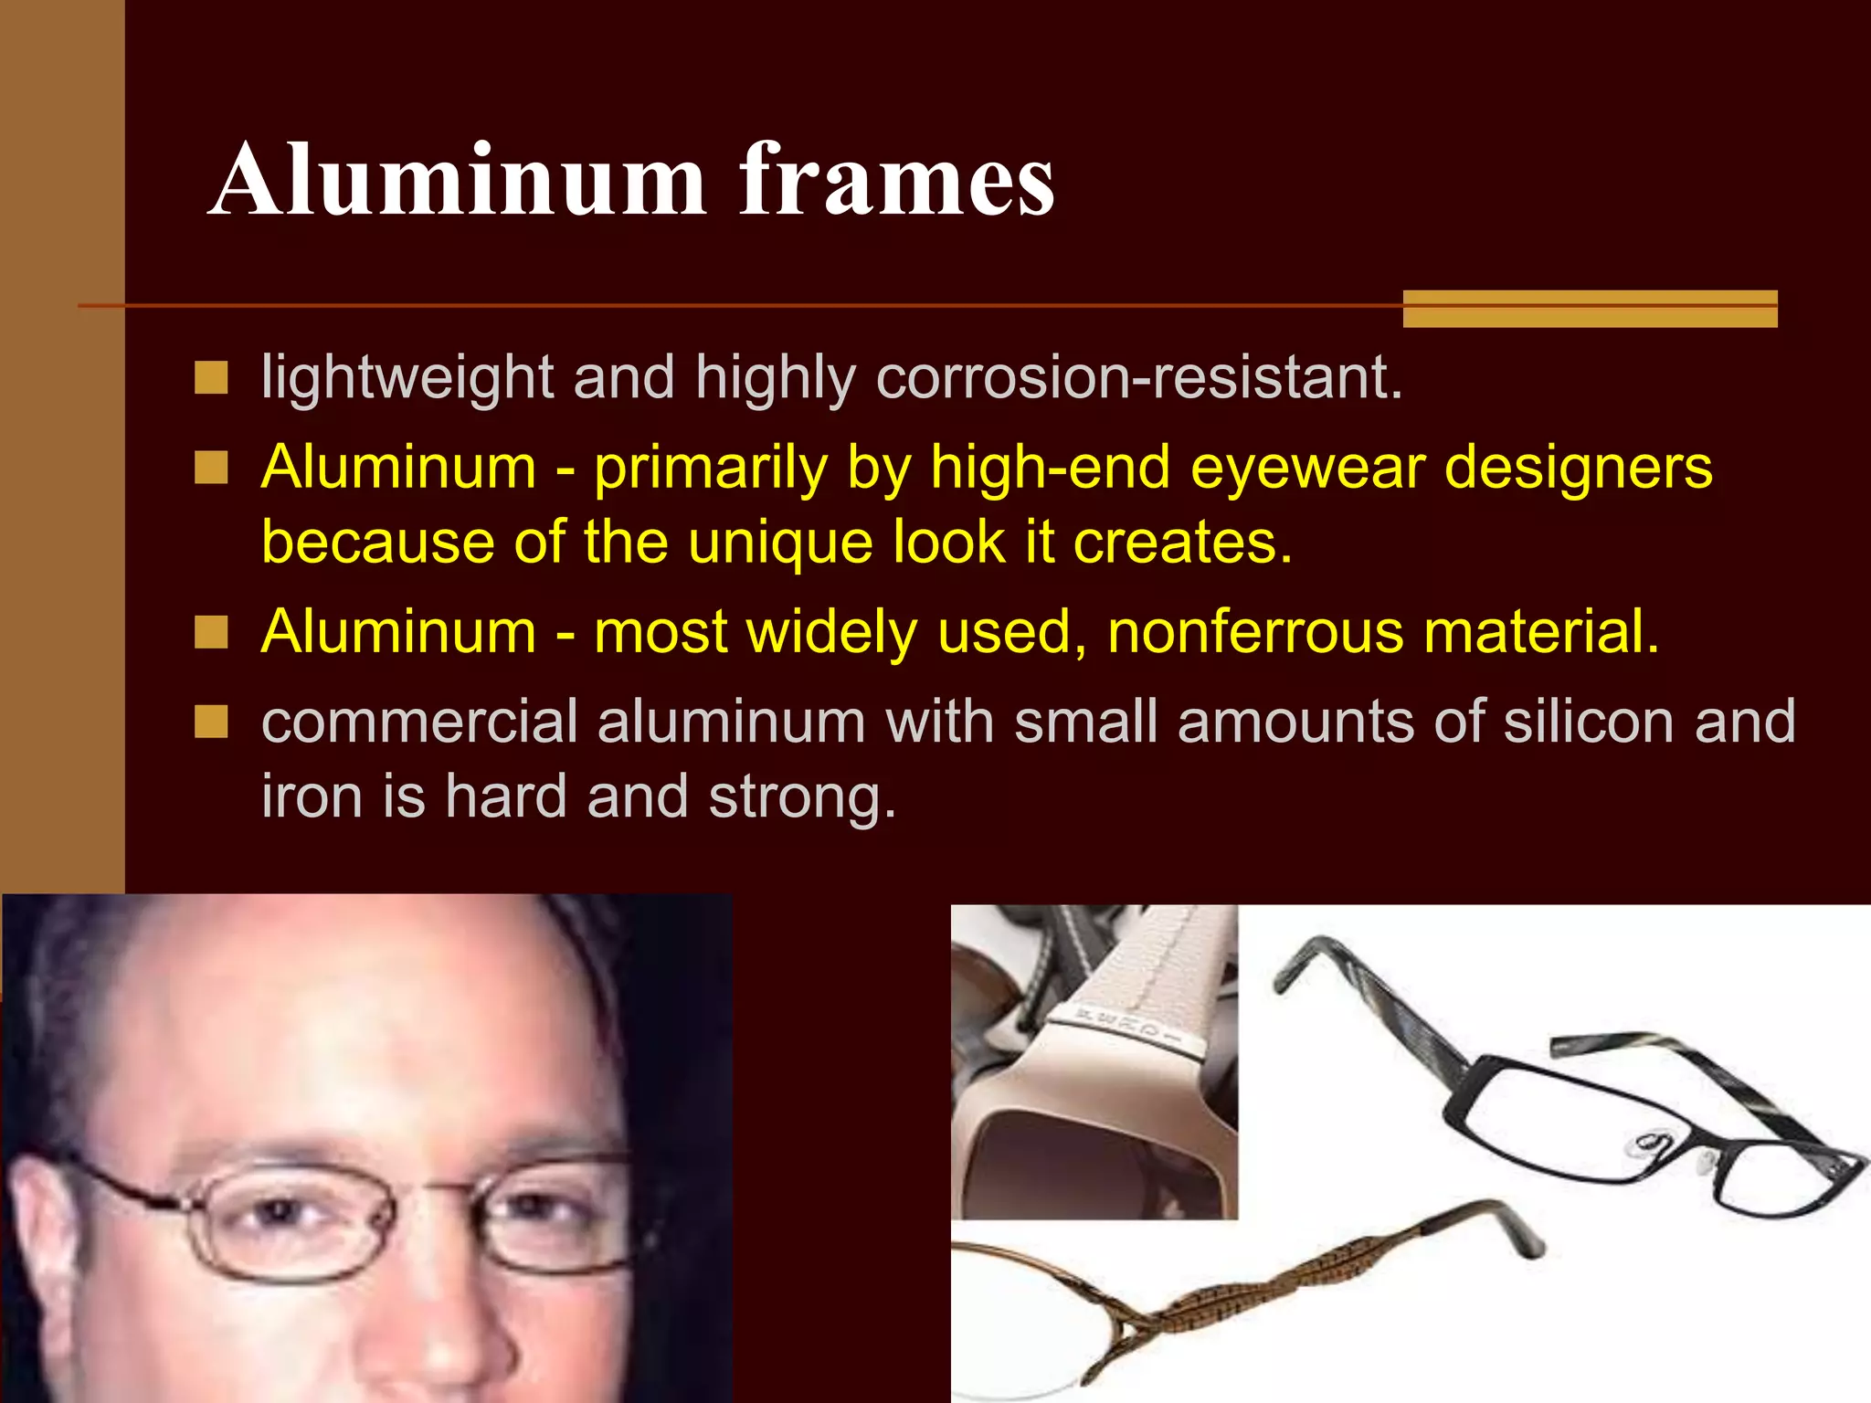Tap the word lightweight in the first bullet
(x=407, y=377)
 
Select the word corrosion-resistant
(x=1138, y=377)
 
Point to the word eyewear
(x=1307, y=468)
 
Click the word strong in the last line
(x=801, y=796)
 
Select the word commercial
(x=419, y=722)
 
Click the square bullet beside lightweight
(x=211, y=377)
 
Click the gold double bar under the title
(x=1590, y=309)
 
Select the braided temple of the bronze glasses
(x=1279, y=1288)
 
